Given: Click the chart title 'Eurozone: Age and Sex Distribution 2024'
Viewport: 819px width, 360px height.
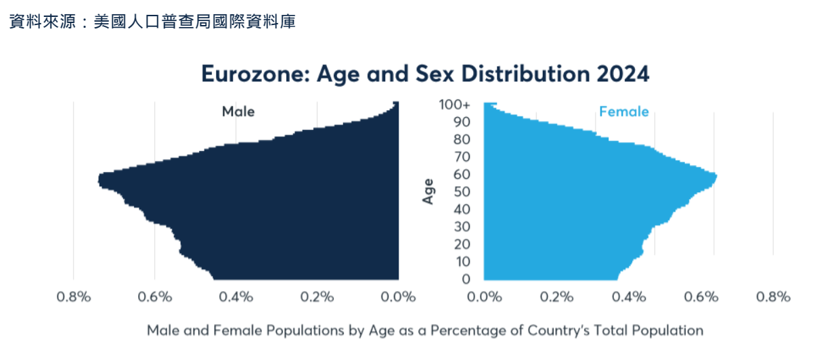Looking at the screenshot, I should tap(425, 74).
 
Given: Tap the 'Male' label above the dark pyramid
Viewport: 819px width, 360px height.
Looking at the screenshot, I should tap(238, 112).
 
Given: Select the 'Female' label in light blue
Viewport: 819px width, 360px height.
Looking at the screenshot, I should tap(623, 112).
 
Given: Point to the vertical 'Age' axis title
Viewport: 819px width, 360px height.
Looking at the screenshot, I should tap(428, 192).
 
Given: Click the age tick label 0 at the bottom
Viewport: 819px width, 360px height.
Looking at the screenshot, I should tap(466, 279).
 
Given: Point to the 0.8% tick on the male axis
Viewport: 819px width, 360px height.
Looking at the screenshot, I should tap(73, 297).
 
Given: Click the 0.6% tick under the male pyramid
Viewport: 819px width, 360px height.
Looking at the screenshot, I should tap(154, 297).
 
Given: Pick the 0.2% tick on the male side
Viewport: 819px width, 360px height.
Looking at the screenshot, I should tap(317, 297).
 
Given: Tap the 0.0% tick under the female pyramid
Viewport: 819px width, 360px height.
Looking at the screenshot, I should tap(483, 297).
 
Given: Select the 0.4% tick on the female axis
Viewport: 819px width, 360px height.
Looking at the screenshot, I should tap(629, 297).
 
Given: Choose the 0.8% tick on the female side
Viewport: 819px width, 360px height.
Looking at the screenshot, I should tap(774, 297).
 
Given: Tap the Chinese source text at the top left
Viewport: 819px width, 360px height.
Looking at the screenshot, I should tap(152, 22).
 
